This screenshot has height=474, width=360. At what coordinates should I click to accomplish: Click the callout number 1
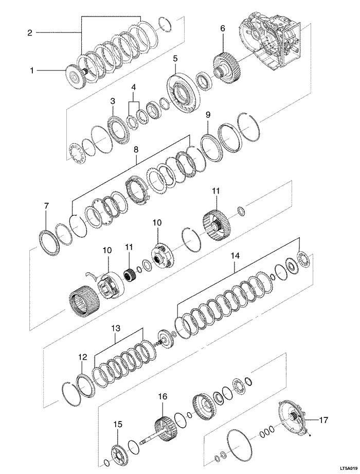pyautogui.click(x=31, y=71)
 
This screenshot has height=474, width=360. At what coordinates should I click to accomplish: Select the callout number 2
pyautogui.click(x=30, y=32)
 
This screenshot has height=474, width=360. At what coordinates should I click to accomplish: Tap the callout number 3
pyautogui.click(x=113, y=101)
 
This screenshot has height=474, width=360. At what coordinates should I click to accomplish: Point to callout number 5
pyautogui.click(x=175, y=59)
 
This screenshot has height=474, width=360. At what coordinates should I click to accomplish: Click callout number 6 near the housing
pyautogui.click(x=223, y=28)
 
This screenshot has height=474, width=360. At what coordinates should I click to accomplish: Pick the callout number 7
pyautogui.click(x=46, y=206)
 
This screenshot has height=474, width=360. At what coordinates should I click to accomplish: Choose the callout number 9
pyautogui.click(x=208, y=114)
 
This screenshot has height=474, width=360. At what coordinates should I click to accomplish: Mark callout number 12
pyautogui.click(x=83, y=356)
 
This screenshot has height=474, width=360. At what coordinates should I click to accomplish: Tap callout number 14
pyautogui.click(x=235, y=255)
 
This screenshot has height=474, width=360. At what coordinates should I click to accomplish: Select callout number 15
pyautogui.click(x=118, y=424)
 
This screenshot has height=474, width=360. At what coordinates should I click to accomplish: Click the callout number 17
pyautogui.click(x=323, y=420)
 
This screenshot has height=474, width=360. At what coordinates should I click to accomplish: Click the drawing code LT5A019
pyautogui.click(x=341, y=469)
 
